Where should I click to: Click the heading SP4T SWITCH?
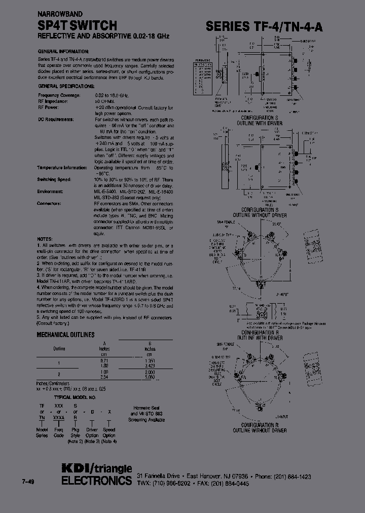(78, 26)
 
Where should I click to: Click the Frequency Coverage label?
(59, 95)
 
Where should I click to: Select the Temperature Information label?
(62, 167)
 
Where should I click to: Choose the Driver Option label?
(91, 432)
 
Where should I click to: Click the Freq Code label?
(59, 432)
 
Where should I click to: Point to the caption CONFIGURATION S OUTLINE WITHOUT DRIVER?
(264, 212)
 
